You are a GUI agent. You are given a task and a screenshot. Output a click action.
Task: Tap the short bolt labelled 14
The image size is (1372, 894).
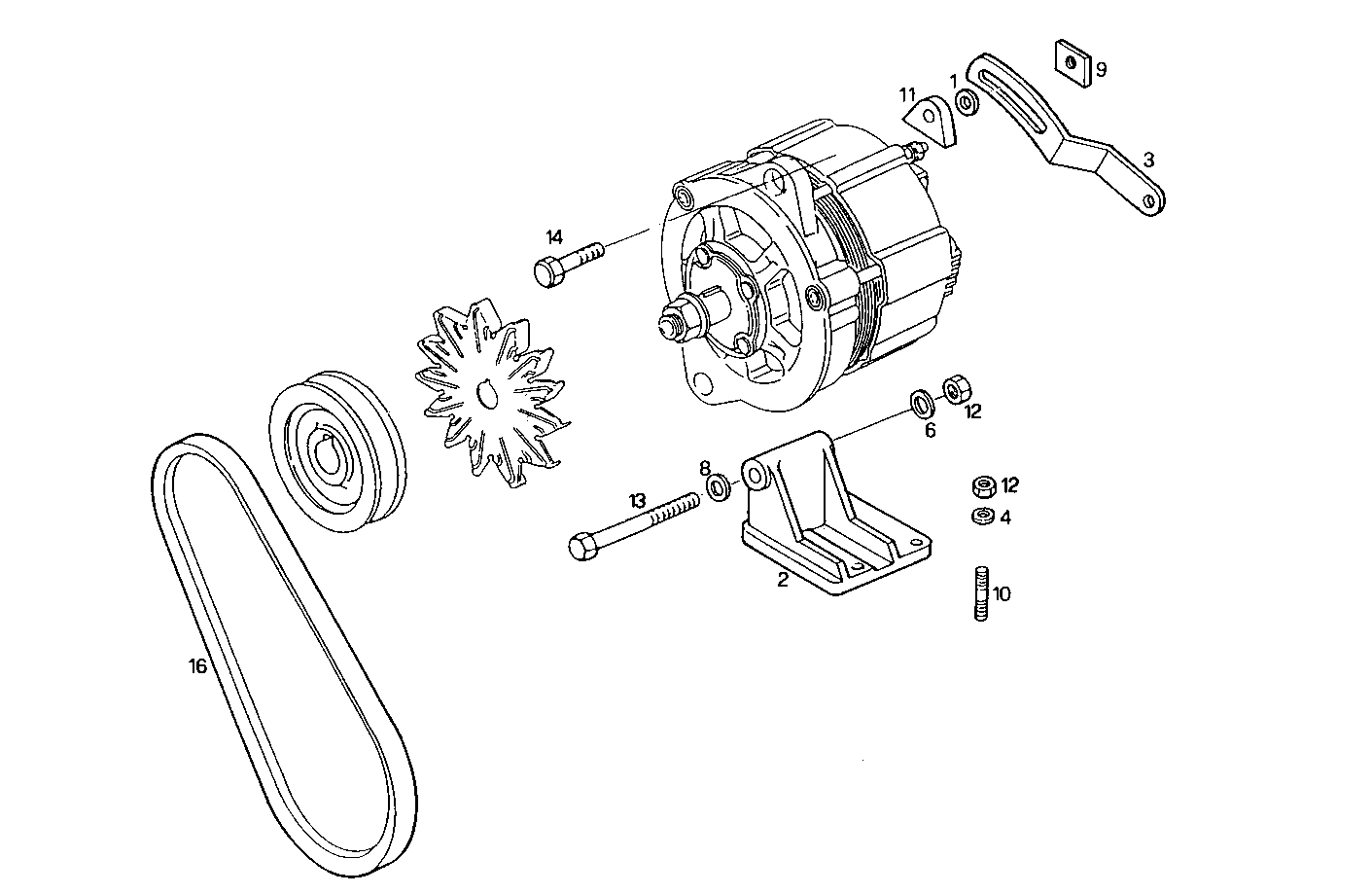click(x=567, y=262)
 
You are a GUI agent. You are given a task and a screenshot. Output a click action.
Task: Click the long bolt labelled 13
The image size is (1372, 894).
click(x=632, y=525)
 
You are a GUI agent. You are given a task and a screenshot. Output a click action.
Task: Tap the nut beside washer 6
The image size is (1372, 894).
click(x=955, y=389)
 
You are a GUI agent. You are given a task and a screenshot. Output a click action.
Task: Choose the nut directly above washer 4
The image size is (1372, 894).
click(x=982, y=485)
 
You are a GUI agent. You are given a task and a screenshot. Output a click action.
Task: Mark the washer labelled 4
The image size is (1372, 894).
click(x=982, y=517)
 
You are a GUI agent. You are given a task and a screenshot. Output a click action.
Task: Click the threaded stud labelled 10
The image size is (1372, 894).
click(x=980, y=593)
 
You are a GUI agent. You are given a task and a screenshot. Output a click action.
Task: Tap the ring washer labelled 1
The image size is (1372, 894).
click(x=967, y=101)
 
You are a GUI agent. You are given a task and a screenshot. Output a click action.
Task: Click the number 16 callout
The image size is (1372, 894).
click(x=197, y=666)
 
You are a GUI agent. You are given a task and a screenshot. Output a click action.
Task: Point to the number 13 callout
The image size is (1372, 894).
click(x=637, y=501)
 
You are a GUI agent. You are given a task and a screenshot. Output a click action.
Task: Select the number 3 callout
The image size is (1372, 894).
click(x=1148, y=160)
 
